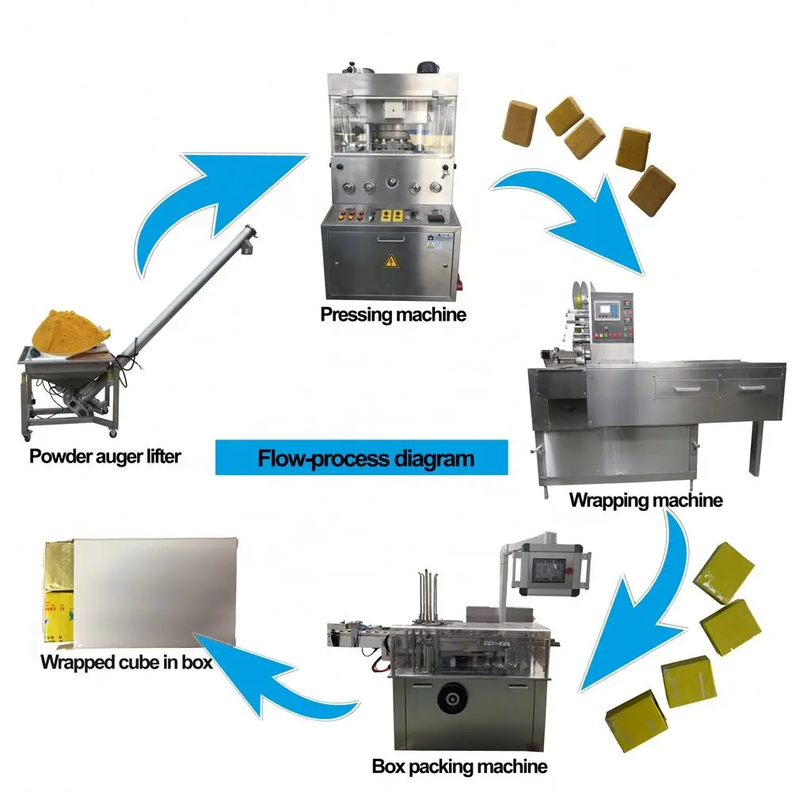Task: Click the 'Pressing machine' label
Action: [394, 314]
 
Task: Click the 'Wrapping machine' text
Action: [645, 501]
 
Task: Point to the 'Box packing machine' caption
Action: [459, 767]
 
